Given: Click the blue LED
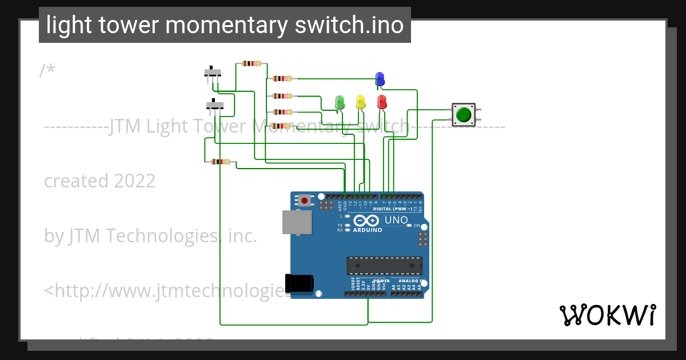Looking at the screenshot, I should point(380,78).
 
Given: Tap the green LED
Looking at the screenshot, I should point(340,102).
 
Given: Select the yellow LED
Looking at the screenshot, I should point(360,101).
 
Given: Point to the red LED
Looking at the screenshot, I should point(382,102).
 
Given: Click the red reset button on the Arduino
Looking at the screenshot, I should point(305,200).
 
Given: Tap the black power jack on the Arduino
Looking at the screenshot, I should point(299,283).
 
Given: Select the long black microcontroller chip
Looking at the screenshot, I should point(385,265).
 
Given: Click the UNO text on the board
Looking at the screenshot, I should point(396,220).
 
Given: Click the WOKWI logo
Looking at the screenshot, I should point(607,315).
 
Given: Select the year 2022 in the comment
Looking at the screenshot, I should point(134,181).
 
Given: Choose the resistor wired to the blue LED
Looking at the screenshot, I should point(282,78).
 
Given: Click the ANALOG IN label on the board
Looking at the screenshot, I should point(409,281).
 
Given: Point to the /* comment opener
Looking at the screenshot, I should point(47,70).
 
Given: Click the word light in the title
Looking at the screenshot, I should point(63,25).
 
